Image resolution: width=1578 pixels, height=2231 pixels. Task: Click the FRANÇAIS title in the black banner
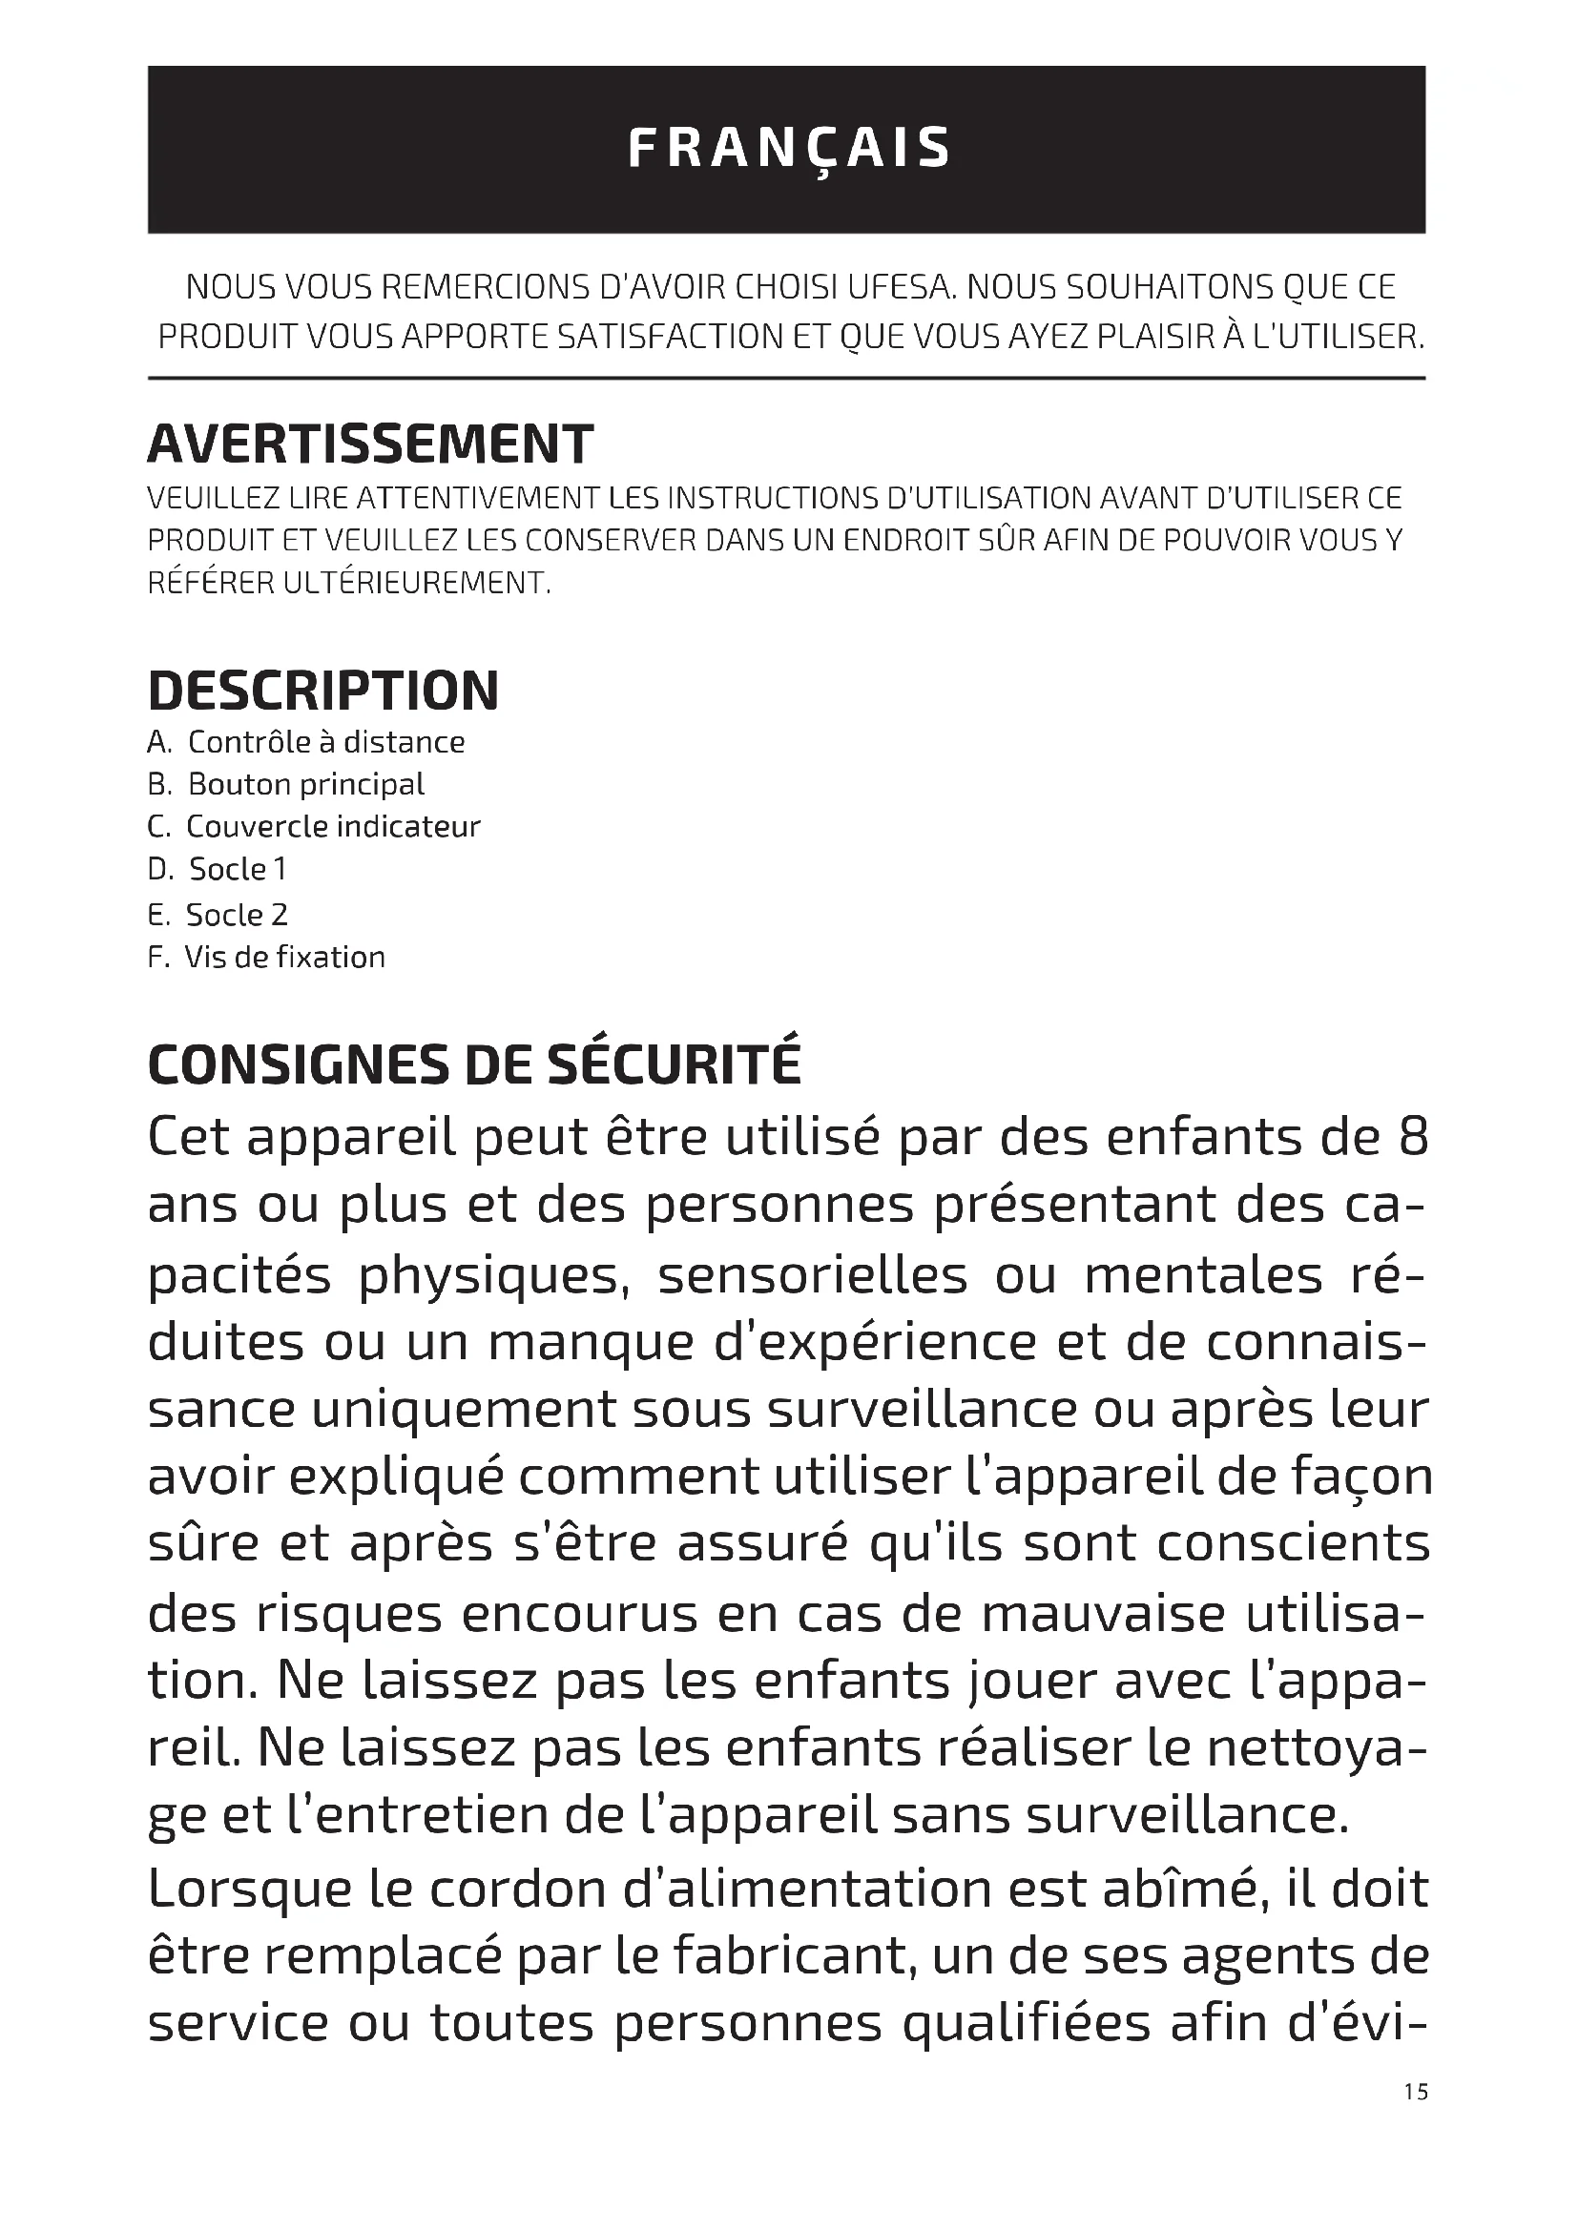788,149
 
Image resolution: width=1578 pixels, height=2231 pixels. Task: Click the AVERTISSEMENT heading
370,445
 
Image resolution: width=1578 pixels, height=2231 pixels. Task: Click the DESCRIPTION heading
323,691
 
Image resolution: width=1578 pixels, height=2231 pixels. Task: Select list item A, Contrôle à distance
306,742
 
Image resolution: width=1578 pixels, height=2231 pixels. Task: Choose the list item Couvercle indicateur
314,827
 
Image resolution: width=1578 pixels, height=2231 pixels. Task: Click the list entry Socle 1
218,869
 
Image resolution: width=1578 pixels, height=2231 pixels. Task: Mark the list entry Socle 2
218,915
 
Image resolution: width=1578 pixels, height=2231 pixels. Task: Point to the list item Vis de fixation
266,957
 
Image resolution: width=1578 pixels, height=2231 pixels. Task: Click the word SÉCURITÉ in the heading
675,1064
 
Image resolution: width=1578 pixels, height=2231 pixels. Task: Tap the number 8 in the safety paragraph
1413,1137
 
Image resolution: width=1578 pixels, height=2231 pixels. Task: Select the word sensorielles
812,1275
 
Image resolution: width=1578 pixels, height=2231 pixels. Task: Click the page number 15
1416,2092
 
